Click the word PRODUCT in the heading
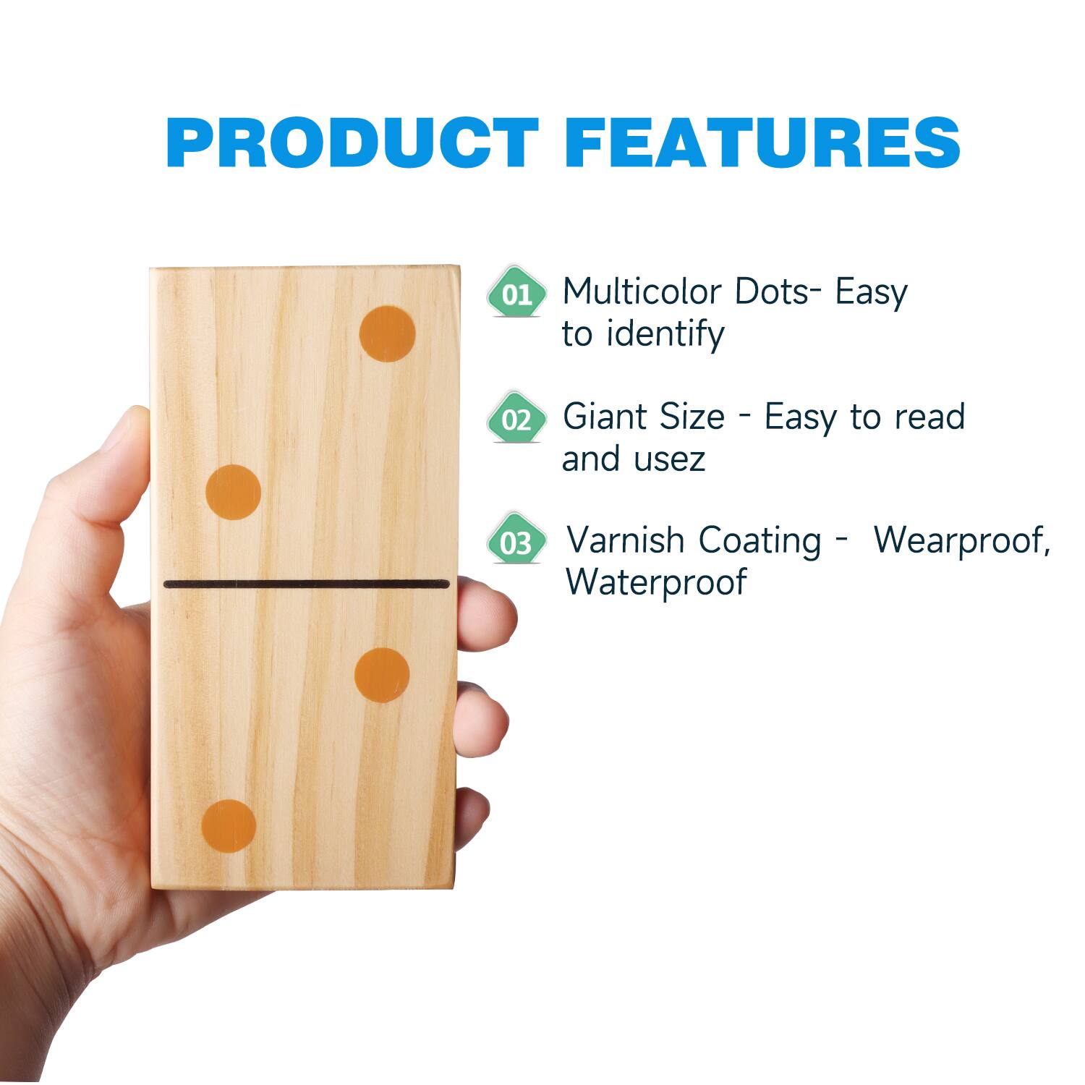coord(353,142)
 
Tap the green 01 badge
coord(516,293)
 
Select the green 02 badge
coord(516,419)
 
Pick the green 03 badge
coord(516,542)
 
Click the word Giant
coord(607,417)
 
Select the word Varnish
coord(625,540)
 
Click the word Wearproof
coord(961,540)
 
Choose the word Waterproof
coord(655,582)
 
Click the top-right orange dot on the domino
coord(388,333)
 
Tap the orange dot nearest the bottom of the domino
coord(229,827)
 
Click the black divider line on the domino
coord(307,584)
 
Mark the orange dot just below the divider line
coord(382,675)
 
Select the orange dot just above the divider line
coord(233,492)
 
